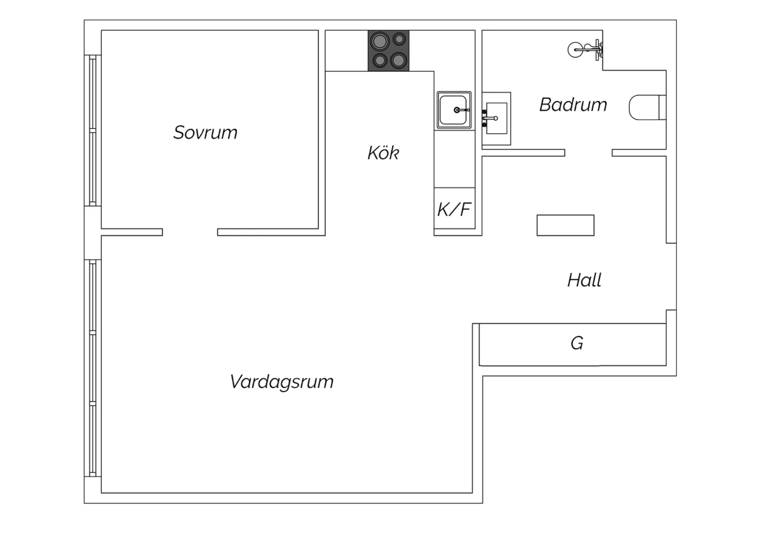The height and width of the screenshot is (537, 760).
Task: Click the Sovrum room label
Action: [205, 132]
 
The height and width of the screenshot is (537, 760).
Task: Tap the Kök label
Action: [384, 152]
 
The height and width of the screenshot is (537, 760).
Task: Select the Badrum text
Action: [574, 104]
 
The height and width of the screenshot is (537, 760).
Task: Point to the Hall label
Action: [584, 280]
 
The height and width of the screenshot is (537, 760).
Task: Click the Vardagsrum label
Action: [282, 382]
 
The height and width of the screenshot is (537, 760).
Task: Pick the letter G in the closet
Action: [577, 343]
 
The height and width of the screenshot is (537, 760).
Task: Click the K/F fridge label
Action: [454, 209]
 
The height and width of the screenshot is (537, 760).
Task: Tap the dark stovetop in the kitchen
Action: [389, 51]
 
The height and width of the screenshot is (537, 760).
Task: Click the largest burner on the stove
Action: [379, 42]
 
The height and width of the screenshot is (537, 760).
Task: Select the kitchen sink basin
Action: [454, 110]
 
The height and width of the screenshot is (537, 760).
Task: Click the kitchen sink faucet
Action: [462, 110]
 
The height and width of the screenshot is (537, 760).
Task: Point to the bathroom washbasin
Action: [497, 119]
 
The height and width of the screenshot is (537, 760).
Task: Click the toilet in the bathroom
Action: [648, 107]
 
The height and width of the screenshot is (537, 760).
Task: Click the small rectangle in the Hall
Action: [565, 225]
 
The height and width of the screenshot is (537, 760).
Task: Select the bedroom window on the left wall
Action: [93, 131]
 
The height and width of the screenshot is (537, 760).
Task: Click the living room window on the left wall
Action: [93, 368]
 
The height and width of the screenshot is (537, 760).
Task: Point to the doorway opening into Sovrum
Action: [190, 232]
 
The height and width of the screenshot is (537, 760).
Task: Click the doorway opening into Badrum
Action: [588, 152]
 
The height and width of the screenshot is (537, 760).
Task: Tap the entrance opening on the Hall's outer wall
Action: [671, 277]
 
